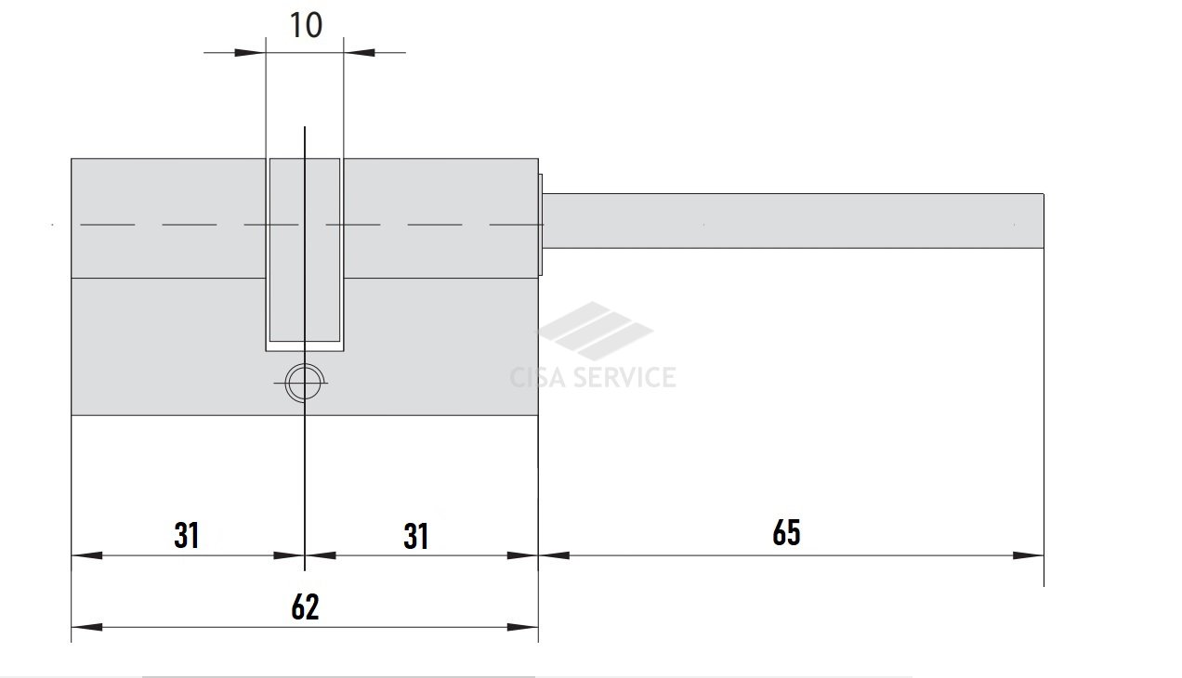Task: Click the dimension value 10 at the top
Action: point(306,25)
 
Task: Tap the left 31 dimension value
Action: point(186,536)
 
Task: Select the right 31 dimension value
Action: point(415,536)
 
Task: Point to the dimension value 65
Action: point(786,532)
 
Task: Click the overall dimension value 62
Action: point(305,606)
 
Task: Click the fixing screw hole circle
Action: point(304,383)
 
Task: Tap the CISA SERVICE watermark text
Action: point(593,377)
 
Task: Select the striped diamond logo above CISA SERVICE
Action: point(596,331)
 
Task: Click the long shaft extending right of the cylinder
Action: point(793,221)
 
